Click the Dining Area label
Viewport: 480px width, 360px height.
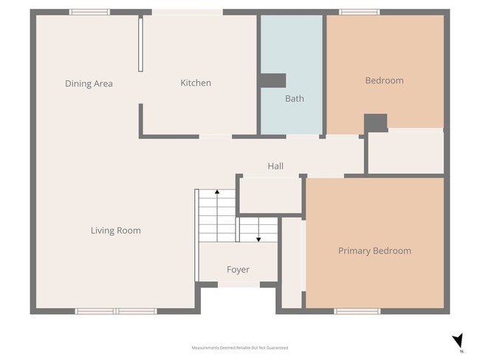pos(89,83)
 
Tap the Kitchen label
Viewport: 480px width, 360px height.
pos(196,83)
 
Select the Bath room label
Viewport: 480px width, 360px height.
pos(294,98)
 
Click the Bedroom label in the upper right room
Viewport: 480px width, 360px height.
pos(384,80)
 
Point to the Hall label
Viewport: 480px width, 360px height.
pos(275,166)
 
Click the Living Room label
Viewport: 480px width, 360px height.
pos(115,230)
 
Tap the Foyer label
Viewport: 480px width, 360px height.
pos(238,269)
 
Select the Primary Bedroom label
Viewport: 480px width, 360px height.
pos(374,251)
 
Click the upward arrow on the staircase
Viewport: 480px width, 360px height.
pos(217,193)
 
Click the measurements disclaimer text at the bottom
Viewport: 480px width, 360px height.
pos(240,347)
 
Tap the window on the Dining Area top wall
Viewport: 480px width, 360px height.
pos(89,12)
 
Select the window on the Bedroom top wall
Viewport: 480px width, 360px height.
pos(359,12)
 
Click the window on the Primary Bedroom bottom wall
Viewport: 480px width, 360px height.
pos(357,311)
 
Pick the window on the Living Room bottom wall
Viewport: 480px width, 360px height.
pos(116,311)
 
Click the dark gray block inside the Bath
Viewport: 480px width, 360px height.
pos(272,80)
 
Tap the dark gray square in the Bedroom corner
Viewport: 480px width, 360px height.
pos(376,122)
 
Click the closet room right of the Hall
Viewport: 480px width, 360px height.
pos(405,153)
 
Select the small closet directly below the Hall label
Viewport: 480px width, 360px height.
pos(270,195)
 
